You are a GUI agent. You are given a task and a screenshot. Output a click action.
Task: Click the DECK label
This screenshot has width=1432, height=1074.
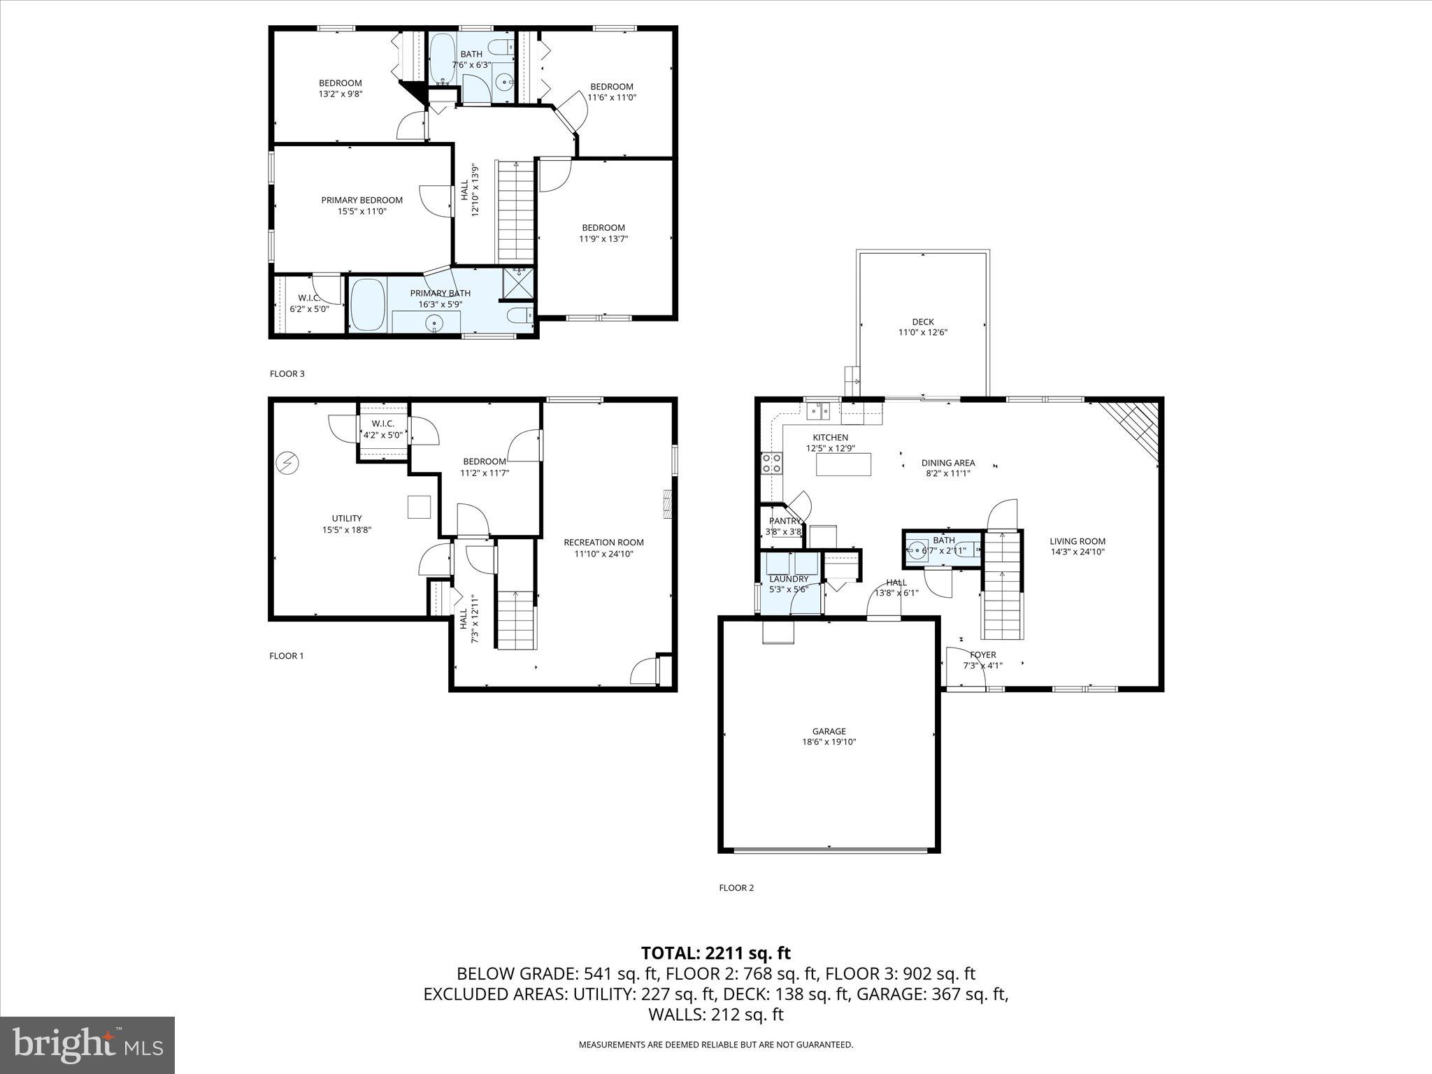coord(922,322)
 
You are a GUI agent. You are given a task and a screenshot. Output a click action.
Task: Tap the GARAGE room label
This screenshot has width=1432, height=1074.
coord(829,731)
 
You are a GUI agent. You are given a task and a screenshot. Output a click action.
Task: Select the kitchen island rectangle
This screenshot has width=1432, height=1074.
coord(843,464)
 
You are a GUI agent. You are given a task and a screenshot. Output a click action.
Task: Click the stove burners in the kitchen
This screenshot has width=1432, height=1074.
coord(771,463)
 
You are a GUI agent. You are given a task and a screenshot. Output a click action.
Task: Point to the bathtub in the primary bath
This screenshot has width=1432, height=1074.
coord(368,304)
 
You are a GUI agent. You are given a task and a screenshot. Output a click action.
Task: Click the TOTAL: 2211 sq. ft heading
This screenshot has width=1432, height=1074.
coord(715,952)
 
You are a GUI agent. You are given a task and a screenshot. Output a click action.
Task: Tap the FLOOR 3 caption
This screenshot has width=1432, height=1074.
coord(287,373)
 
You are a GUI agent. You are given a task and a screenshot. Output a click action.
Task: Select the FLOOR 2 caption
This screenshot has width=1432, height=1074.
coord(736,888)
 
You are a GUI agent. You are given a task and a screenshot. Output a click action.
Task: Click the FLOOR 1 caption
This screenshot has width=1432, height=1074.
coord(286,656)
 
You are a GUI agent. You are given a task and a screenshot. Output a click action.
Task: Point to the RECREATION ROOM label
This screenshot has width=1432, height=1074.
coord(603,542)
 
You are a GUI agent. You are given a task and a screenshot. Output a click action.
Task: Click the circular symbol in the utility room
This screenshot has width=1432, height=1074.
coord(287,462)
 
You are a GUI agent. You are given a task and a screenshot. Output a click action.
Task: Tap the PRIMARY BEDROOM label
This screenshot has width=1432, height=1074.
coord(361,200)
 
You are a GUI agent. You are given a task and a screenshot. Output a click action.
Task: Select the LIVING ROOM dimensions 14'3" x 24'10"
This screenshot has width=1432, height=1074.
coord(1077,552)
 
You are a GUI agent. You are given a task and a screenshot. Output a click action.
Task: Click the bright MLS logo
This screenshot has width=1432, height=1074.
coord(87,1045)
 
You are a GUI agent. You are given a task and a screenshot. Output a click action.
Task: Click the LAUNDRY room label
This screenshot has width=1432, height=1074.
coord(788,579)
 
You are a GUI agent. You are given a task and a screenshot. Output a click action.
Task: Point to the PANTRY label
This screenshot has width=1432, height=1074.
coord(784,521)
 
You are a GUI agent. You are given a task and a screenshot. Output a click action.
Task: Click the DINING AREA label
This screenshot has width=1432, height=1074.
coord(947,463)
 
